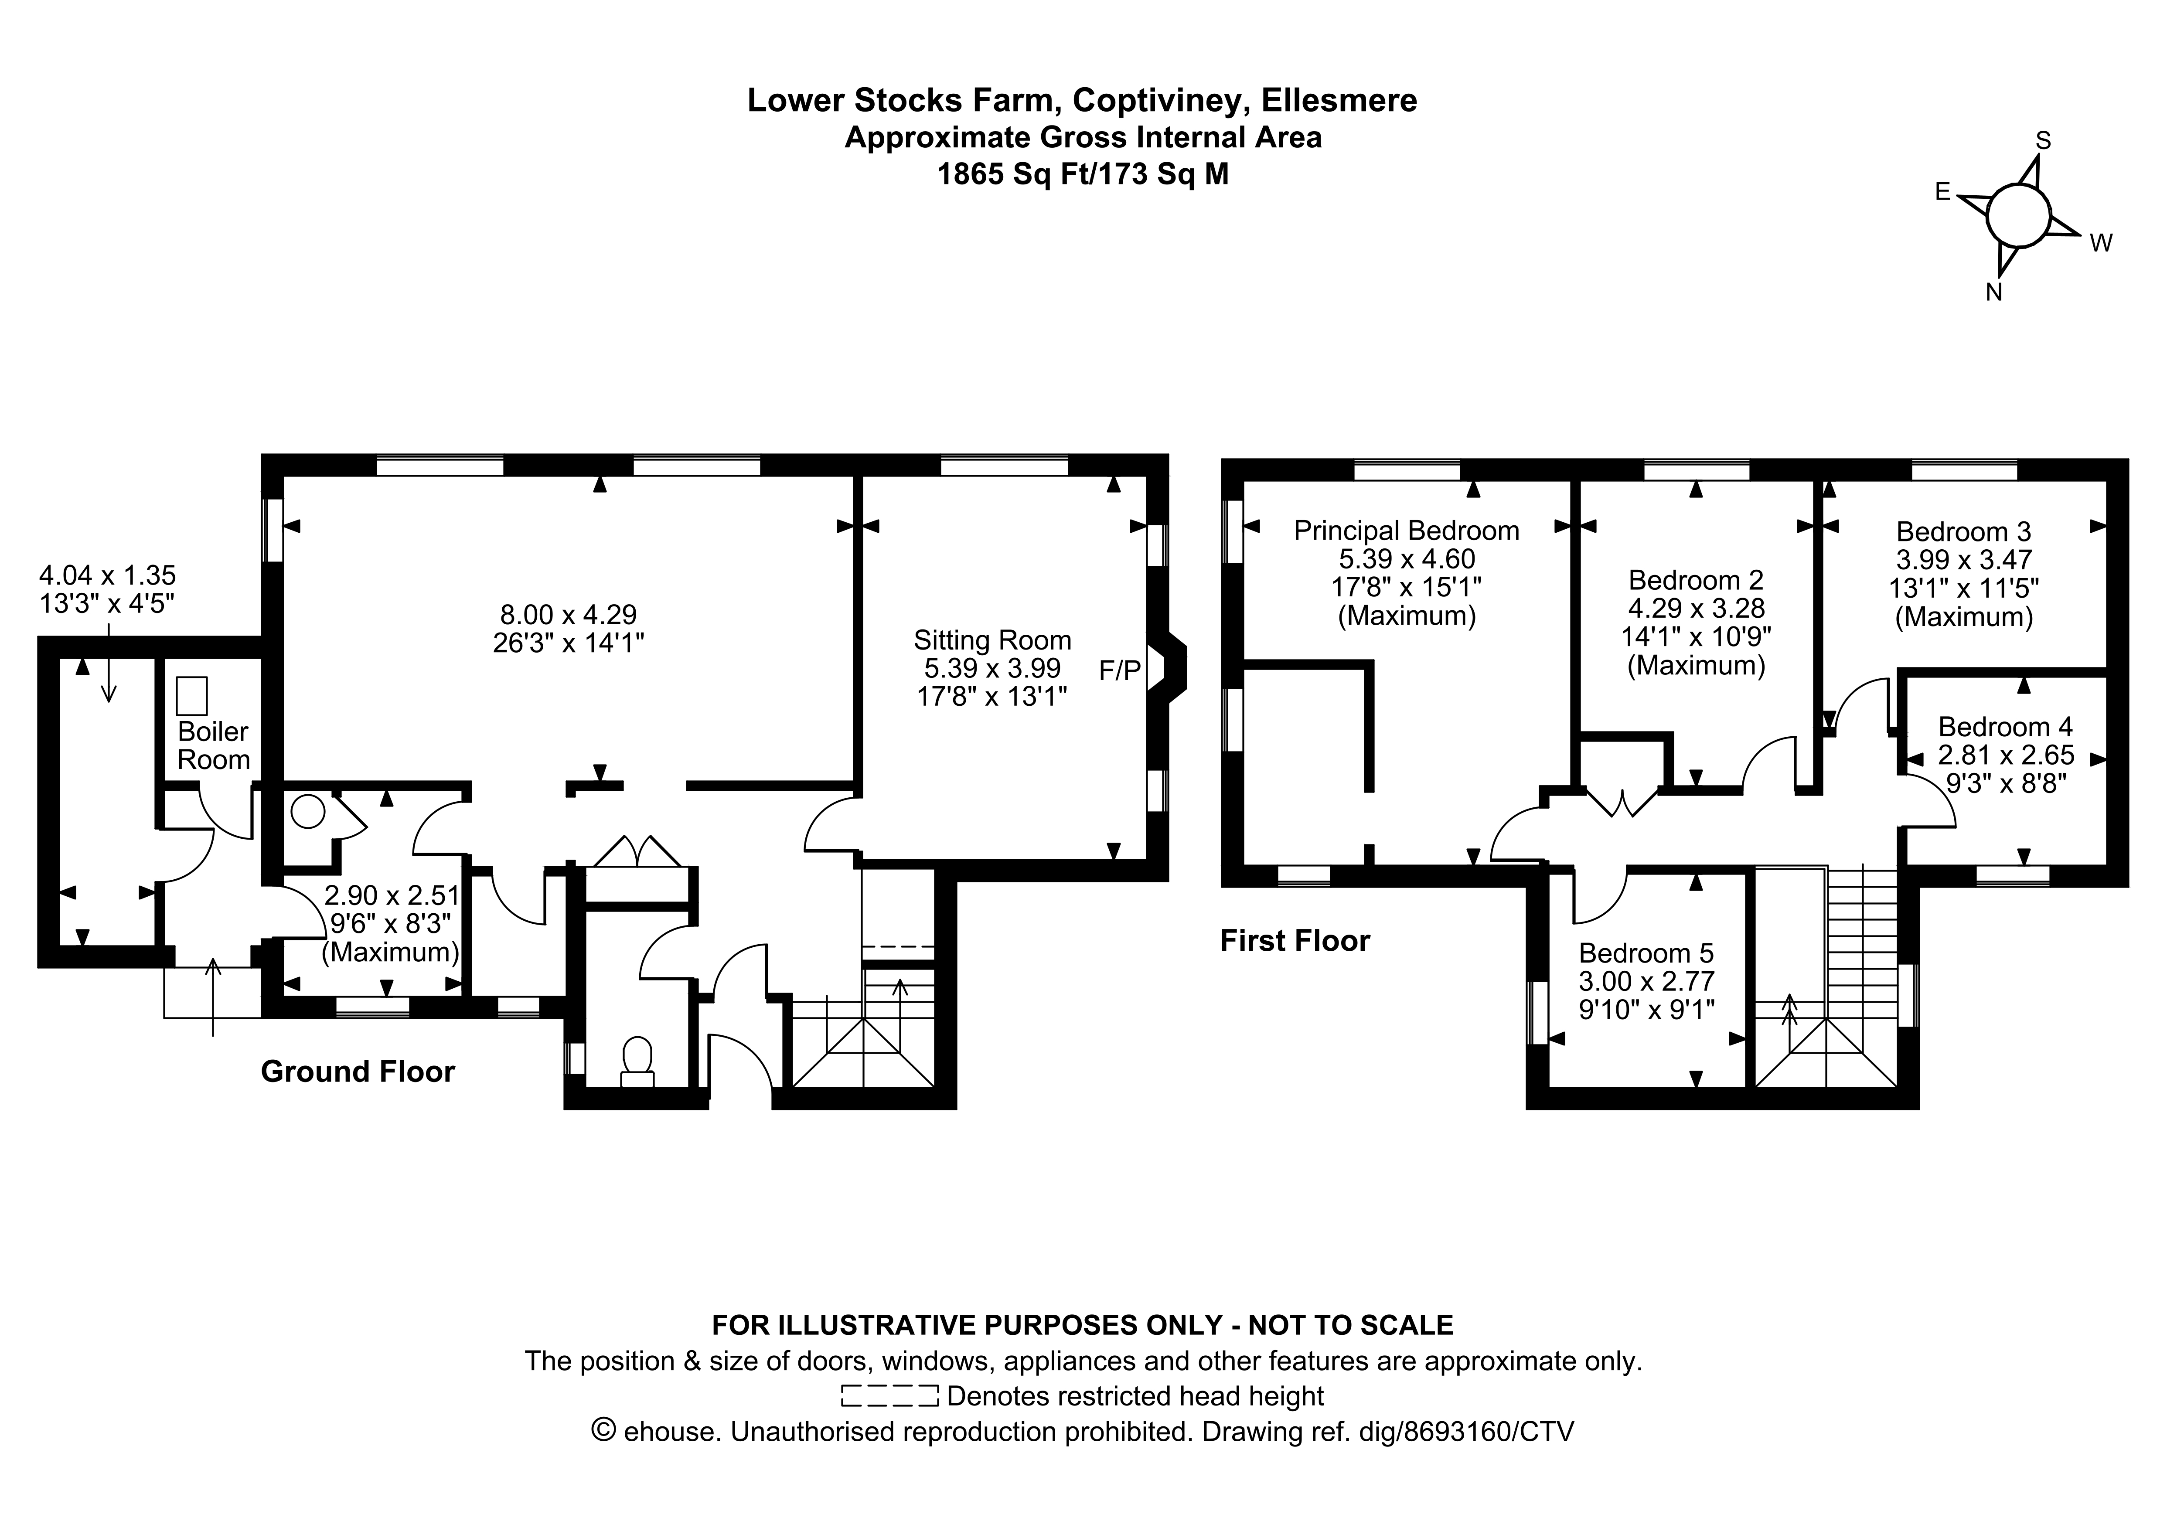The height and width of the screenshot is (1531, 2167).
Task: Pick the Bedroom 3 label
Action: (1963, 531)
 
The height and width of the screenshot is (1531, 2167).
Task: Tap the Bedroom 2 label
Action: (1696, 579)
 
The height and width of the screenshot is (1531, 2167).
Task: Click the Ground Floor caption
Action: (358, 1072)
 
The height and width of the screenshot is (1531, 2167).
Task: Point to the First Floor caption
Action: (1295, 940)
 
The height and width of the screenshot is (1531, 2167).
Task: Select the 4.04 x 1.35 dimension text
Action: (108, 575)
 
